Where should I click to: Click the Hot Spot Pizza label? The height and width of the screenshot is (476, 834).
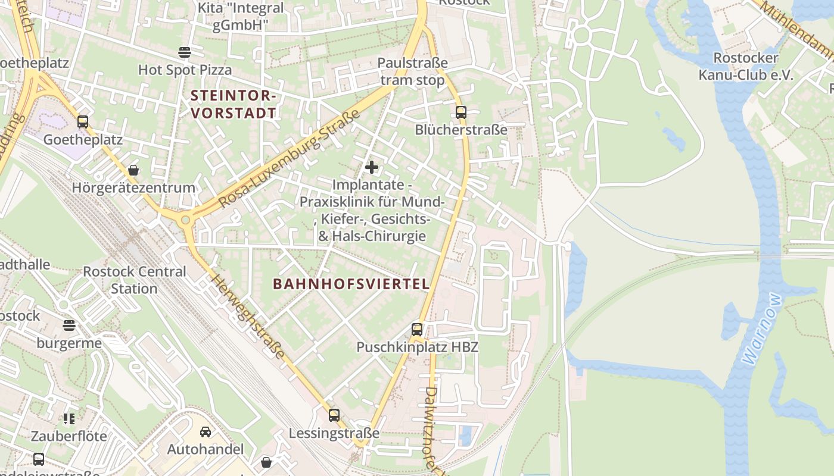185,70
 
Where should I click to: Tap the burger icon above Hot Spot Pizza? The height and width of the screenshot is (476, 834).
185,52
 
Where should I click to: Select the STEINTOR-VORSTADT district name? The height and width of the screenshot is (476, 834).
234,104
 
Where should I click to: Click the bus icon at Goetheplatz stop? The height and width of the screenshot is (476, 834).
83,122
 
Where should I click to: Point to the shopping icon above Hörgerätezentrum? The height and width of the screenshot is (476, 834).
133,170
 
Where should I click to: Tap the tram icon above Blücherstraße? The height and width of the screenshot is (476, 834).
460,112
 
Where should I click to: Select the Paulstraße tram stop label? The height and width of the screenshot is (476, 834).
412,71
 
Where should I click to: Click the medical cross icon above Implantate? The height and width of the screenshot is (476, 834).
372,167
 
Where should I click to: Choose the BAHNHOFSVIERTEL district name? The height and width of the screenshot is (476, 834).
351,284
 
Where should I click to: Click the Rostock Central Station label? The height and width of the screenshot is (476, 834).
135,280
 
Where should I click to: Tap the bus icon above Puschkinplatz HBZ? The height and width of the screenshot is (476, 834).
417,329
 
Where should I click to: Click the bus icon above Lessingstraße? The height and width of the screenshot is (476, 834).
334,415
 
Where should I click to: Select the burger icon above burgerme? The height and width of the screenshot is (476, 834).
70,325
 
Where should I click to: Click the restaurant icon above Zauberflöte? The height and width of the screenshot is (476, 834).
69,419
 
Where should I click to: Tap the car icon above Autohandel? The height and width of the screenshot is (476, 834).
206,431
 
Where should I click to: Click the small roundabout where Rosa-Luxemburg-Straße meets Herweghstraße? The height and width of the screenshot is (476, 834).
186,220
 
